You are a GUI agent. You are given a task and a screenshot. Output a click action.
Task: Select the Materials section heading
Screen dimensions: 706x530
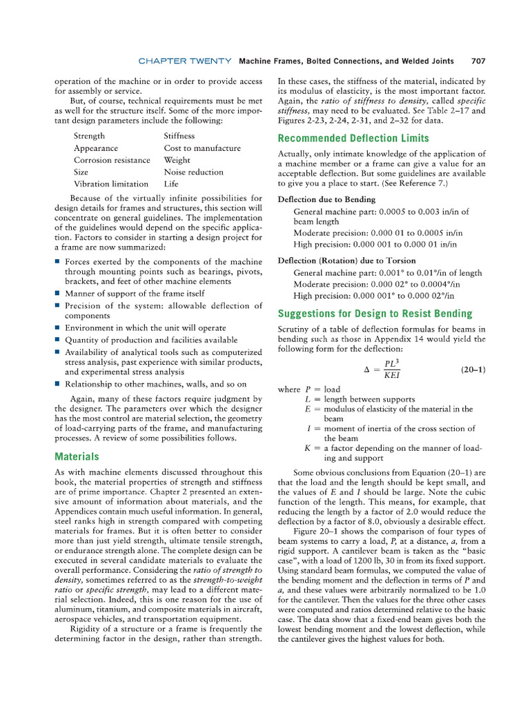pyautogui.click(x=77, y=456)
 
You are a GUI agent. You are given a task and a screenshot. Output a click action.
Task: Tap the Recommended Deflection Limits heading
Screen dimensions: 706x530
pyautogui.click(x=353, y=138)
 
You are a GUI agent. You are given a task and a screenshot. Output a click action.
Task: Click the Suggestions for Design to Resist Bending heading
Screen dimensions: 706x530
pyautogui.click(x=375, y=314)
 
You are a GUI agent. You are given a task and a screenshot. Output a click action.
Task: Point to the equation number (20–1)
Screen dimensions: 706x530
pyautogui.click(x=473, y=370)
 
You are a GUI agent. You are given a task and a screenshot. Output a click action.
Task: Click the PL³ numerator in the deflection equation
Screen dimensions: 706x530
pyautogui.click(x=394, y=363)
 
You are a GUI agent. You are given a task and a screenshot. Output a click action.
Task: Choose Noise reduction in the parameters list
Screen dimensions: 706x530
pyautogui.click(x=193, y=172)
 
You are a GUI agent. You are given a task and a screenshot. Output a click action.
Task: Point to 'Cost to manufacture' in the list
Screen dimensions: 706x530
pyautogui.click(x=202, y=148)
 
